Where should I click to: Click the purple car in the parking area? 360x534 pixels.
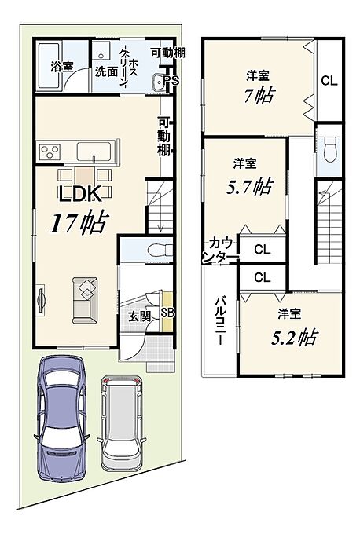(x=61, y=419)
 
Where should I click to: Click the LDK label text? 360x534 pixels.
(x=80, y=195)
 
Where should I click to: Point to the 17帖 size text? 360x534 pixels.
(x=79, y=222)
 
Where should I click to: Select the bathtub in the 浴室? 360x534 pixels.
(x=49, y=66)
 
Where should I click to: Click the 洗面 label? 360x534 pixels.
(x=106, y=71)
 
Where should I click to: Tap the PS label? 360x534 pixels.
(x=171, y=80)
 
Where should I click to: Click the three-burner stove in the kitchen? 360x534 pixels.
(x=50, y=152)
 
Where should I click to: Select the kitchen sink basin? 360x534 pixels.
(x=94, y=152)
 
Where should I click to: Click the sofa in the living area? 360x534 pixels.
(x=85, y=300)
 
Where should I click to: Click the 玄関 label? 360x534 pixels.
(x=139, y=316)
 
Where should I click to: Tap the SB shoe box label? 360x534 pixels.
(x=167, y=313)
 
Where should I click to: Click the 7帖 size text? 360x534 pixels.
(x=259, y=96)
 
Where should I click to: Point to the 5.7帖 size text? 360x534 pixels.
(x=250, y=187)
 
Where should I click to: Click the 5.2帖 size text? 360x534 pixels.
(x=295, y=337)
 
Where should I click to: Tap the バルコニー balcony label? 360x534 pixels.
(x=219, y=321)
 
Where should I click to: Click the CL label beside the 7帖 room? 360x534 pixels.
(x=329, y=81)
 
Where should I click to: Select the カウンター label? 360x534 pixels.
(x=220, y=251)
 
